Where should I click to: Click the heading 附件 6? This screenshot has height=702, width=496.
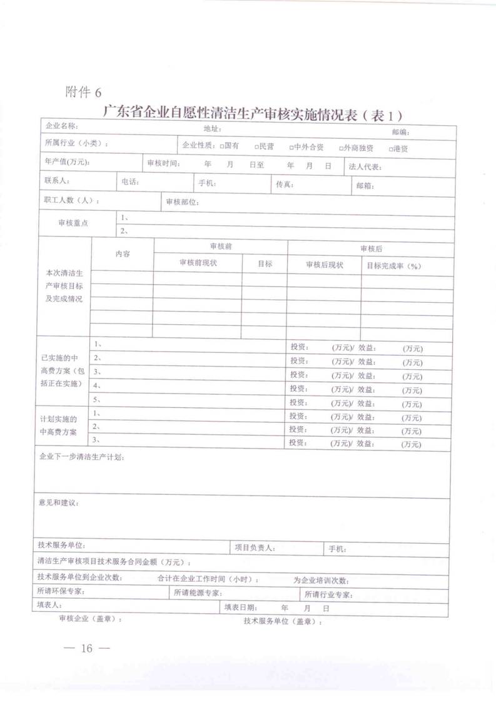[x=83, y=93]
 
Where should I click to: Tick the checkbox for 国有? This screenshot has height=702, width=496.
[x=221, y=146]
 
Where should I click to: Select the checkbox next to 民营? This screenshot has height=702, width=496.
[x=256, y=146]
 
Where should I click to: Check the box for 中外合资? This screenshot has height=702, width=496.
[x=291, y=147]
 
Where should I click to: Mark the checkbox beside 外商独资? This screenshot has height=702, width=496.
[x=341, y=148]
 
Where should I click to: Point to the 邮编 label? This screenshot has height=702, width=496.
[x=400, y=131]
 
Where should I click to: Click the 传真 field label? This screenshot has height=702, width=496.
[x=285, y=185]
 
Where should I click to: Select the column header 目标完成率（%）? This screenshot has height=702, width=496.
[x=393, y=266]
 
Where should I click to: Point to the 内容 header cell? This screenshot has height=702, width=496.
[x=123, y=253]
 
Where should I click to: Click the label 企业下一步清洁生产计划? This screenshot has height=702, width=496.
[x=81, y=458]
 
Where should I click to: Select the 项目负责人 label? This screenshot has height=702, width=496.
[x=255, y=547]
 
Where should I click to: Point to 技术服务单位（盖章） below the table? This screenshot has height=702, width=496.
[x=283, y=621]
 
